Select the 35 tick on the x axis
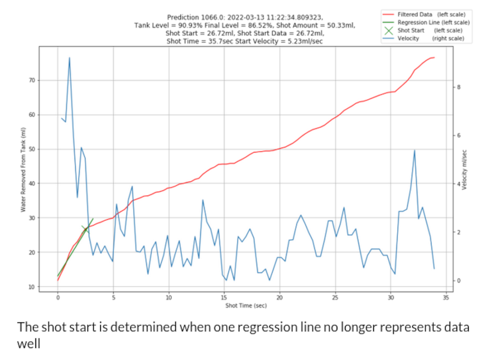click(445, 298)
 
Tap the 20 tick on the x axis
click(280, 298)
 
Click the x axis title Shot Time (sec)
click(246, 306)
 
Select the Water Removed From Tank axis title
click(23, 169)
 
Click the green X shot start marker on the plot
click(86, 229)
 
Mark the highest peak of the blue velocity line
click(70, 58)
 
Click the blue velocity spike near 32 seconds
click(415, 151)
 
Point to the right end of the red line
click(433, 58)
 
